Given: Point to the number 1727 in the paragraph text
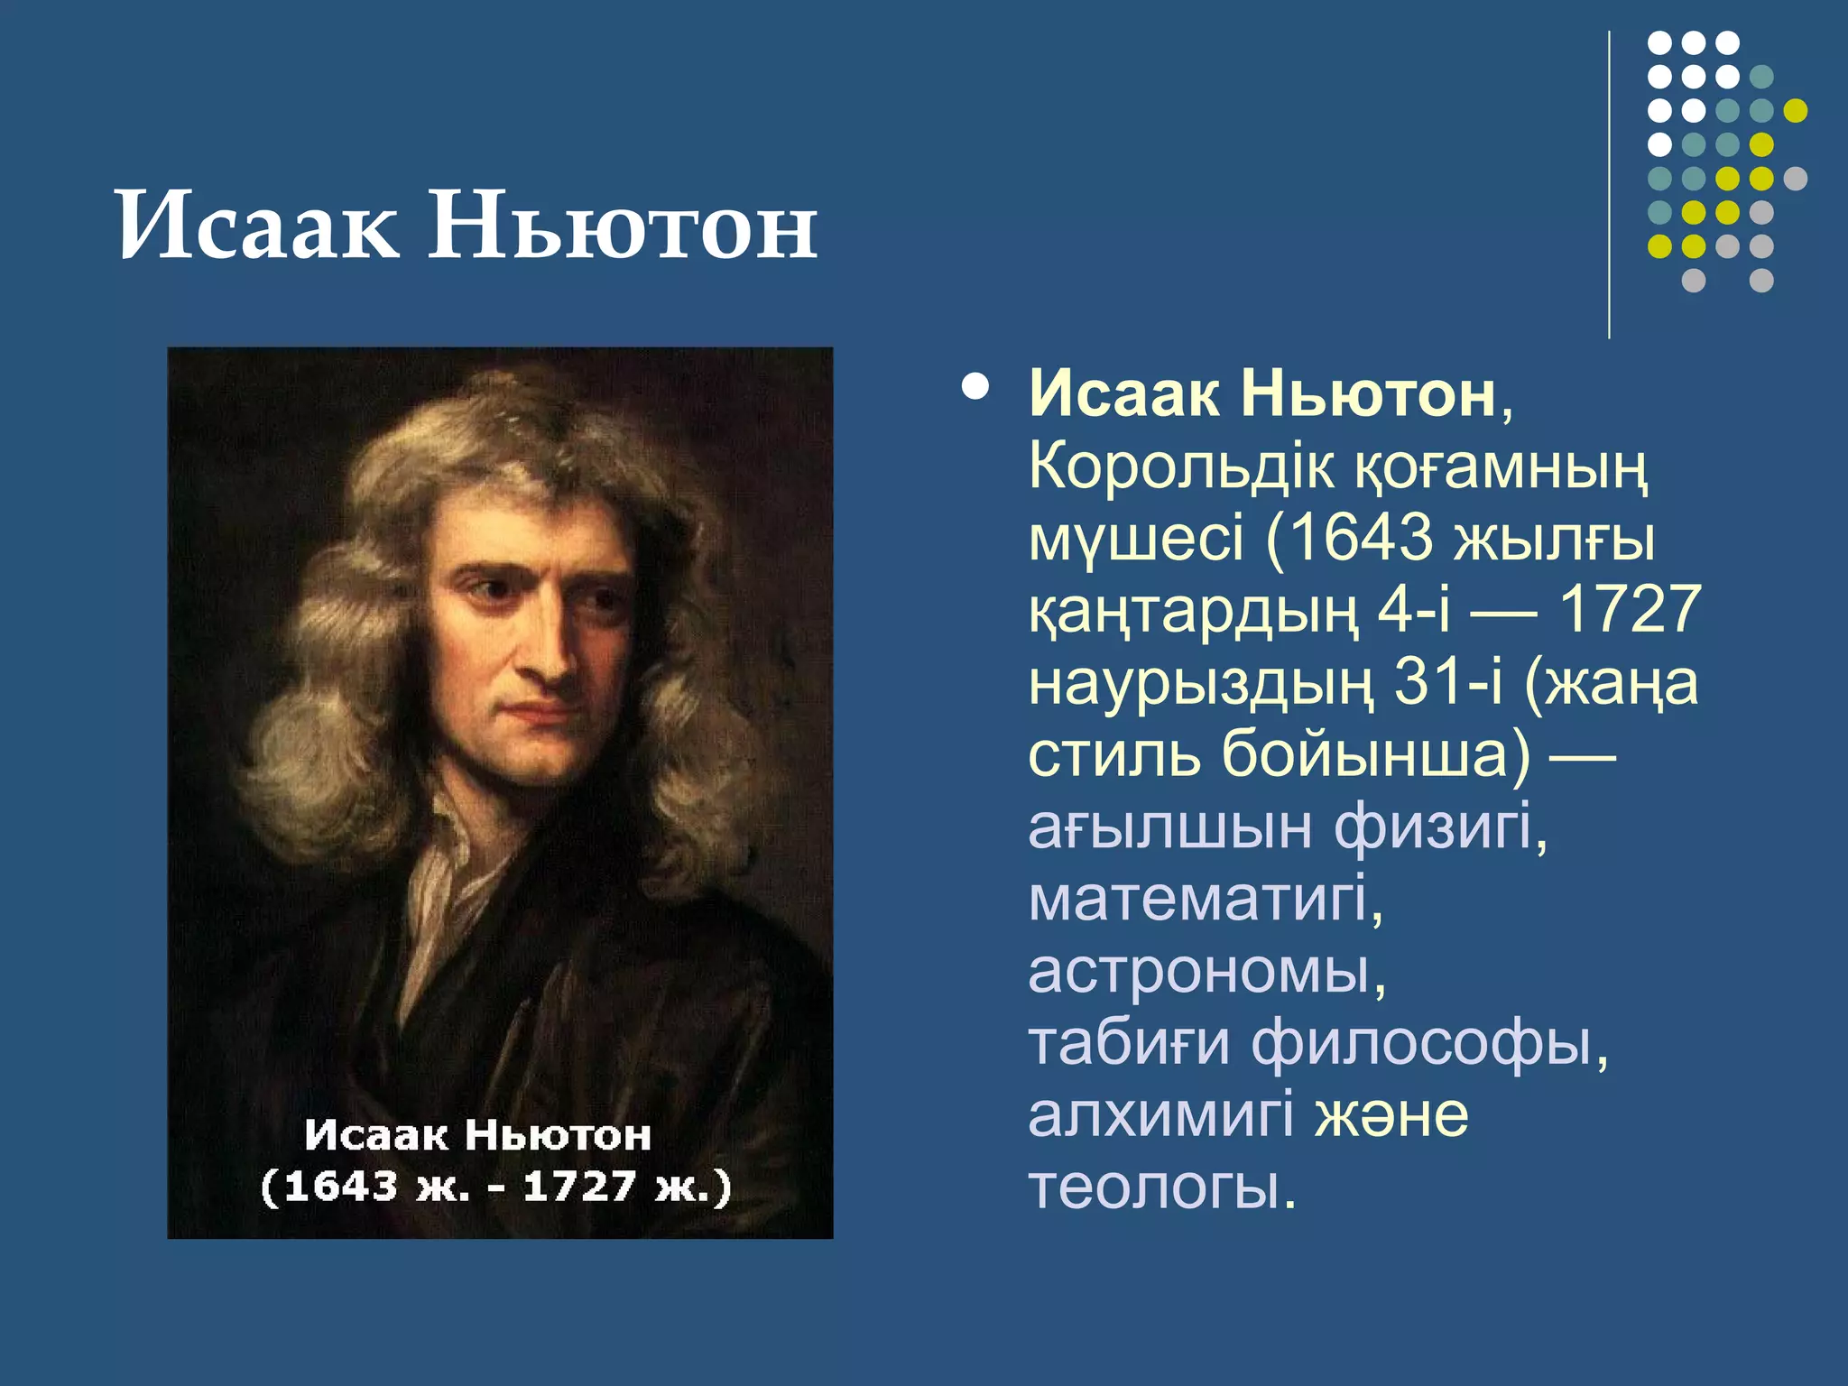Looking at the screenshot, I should (1630, 609).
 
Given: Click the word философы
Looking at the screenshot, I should (1428, 1044).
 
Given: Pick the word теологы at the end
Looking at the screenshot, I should (1160, 1187).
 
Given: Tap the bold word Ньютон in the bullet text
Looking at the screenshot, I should (1368, 394).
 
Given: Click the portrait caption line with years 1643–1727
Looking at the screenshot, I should (495, 1187).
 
